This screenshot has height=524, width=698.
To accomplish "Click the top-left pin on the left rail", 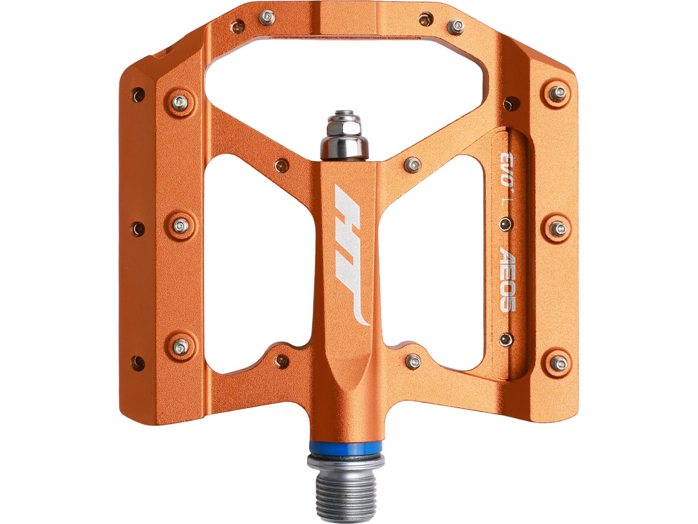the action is pos(180,102).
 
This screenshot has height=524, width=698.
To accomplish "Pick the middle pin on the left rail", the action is pos(180,226).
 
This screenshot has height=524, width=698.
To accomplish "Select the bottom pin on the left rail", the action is pos(181,346).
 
